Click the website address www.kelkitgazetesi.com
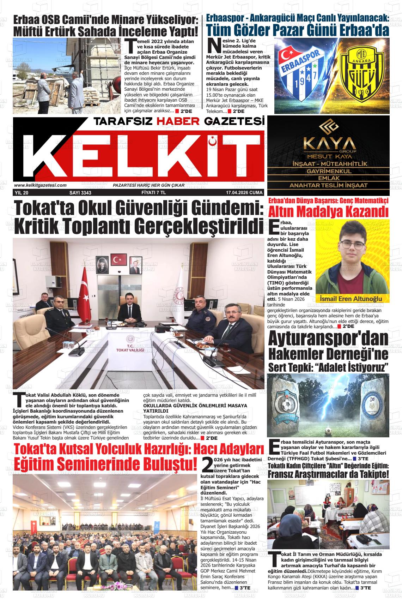point(41,185)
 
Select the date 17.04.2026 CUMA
point(245,193)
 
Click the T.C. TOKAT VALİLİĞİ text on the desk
point(131,348)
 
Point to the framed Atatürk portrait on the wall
point(102,264)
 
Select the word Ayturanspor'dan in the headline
point(328,339)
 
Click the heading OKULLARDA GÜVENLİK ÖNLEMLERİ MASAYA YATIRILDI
point(195,408)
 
